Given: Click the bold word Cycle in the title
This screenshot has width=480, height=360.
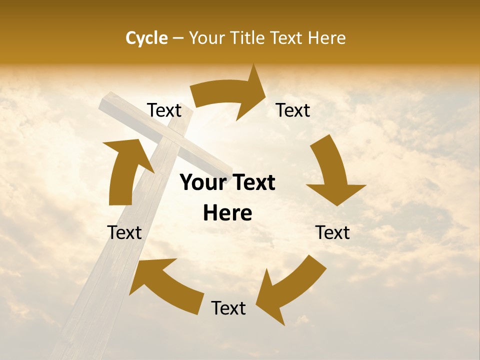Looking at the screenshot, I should click(146, 38).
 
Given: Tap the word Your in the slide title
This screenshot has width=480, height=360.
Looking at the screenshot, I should click(207, 38).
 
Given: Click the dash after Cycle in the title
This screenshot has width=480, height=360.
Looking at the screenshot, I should click(178, 38).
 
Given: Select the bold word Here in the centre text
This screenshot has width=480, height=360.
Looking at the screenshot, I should click(227, 213).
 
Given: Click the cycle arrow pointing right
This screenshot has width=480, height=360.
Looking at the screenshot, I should click(230, 95).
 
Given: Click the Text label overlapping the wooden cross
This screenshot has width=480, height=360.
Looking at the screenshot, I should click(164, 110).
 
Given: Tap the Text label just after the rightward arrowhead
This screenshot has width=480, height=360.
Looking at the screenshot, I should click(293, 110).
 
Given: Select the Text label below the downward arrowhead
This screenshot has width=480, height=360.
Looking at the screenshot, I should click(332, 232).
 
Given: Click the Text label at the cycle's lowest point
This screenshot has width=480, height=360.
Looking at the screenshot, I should click(228, 308).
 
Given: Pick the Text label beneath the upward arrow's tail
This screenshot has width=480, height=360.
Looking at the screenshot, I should click(124, 232).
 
